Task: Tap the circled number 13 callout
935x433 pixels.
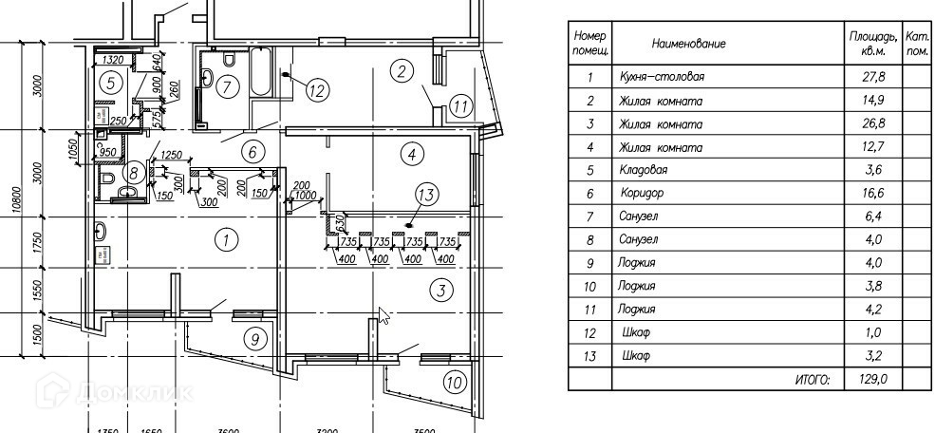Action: [x=427, y=196]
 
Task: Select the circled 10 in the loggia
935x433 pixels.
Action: [x=455, y=385]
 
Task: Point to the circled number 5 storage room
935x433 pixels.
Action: [x=111, y=84]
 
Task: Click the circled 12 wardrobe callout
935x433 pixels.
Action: [x=316, y=91]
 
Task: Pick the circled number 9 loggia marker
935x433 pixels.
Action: [x=253, y=337]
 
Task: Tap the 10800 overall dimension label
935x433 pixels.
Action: [x=16, y=199]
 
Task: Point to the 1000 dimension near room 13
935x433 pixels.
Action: [x=305, y=195]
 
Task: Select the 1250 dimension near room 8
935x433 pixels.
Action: [x=171, y=155]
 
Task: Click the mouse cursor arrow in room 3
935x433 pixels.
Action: [x=383, y=315]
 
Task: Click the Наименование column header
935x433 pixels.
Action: [x=688, y=45]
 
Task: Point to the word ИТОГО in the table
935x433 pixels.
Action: [x=812, y=380]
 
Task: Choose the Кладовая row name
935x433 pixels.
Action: [x=645, y=171]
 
